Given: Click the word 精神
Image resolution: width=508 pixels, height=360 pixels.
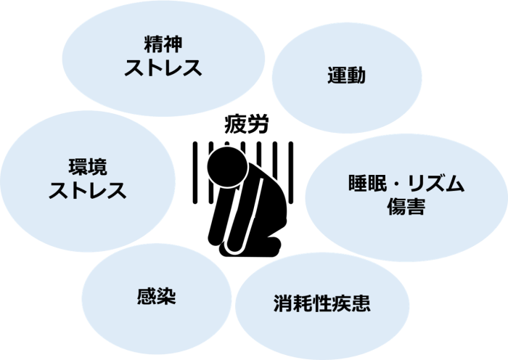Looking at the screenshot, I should pyautogui.click(x=163, y=44).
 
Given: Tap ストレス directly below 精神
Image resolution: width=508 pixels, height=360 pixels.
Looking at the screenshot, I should pyautogui.click(x=163, y=68).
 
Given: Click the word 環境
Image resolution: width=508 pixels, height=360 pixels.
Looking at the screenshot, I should pyautogui.click(x=87, y=168).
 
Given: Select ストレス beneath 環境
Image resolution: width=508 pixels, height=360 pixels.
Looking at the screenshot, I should pyautogui.click(x=87, y=191).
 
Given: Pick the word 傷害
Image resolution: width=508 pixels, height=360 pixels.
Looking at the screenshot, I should pyautogui.click(x=405, y=208).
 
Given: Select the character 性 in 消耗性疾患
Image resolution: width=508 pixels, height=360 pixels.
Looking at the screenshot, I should pyautogui.click(x=322, y=303).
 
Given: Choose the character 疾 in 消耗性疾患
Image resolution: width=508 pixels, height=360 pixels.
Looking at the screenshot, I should pyautogui.click(x=342, y=303).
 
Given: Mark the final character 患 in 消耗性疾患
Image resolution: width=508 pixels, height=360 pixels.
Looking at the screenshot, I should pyautogui.click(x=361, y=303).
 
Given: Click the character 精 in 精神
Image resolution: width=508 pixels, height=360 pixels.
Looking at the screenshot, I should pyautogui.click(x=153, y=44).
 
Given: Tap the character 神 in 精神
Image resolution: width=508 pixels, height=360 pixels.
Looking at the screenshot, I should pyautogui.click(x=173, y=44).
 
